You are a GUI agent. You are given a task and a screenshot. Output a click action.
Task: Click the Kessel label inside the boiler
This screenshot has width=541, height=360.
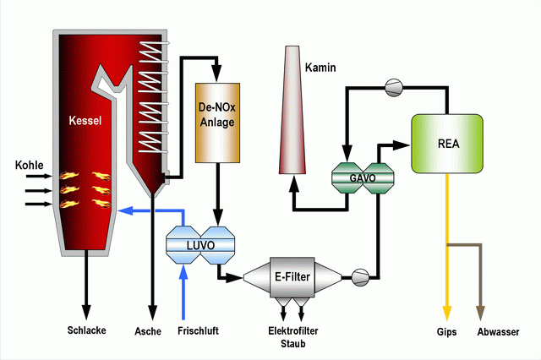[85, 120]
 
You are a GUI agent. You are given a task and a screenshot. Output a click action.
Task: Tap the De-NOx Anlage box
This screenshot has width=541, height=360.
[218, 123]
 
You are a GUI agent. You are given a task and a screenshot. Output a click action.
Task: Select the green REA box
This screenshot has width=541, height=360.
[447, 144]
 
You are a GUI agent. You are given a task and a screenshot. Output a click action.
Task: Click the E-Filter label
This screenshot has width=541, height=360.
[292, 276]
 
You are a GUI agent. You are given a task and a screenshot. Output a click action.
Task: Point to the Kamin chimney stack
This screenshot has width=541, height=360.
[292, 110]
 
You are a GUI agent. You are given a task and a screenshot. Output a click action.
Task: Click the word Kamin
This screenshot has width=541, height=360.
[320, 68]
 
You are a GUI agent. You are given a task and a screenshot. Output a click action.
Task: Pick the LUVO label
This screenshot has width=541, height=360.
[200, 246]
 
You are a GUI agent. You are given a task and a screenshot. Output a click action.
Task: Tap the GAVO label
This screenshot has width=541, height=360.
[363, 178]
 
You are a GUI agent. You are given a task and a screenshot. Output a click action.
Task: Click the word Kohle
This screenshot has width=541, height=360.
[30, 165]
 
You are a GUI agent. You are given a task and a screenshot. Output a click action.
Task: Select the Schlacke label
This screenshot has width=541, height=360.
[86, 330]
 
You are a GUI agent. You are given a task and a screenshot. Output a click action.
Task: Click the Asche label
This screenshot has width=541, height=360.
[148, 331]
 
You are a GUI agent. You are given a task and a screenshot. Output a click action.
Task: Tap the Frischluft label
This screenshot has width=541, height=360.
[198, 330]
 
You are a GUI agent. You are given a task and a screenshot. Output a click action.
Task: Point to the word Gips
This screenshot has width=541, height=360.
[446, 332]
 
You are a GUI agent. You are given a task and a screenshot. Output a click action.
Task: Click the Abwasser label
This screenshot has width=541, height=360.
[498, 332]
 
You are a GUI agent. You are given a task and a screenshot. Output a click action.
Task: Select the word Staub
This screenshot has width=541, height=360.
[293, 343]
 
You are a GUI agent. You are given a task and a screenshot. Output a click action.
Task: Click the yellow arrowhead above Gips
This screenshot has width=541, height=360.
[447, 314]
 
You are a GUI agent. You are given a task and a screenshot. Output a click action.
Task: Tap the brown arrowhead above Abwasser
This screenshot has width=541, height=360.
[481, 314]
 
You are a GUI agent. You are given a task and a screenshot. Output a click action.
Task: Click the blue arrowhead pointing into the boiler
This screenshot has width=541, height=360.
[125, 210]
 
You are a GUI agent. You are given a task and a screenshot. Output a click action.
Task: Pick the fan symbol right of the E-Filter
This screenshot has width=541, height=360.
[360, 277]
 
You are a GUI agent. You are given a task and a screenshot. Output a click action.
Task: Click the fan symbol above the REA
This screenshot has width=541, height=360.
[394, 88]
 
